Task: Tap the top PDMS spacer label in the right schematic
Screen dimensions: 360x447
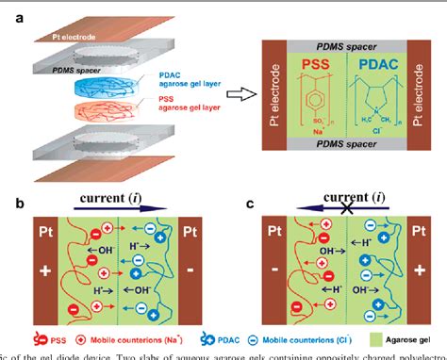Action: click(x=345, y=34)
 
